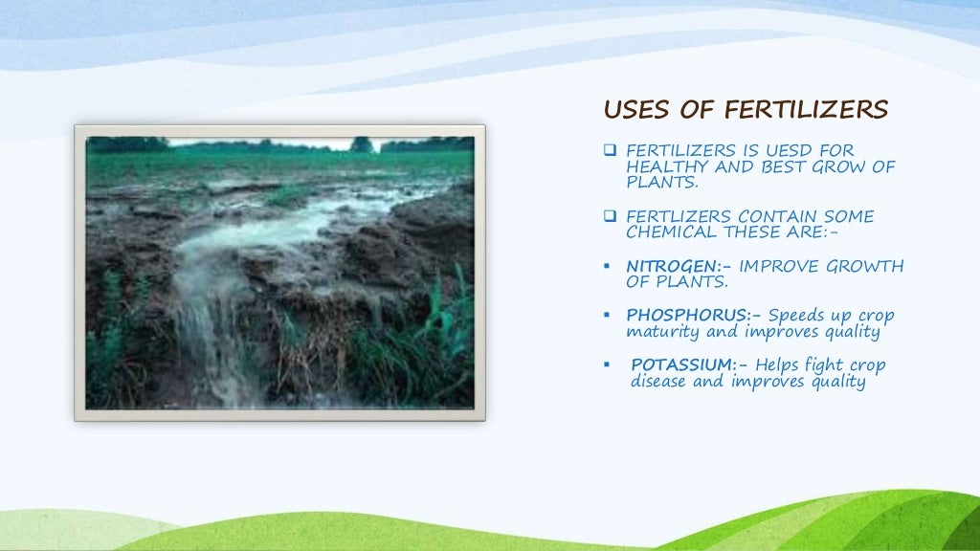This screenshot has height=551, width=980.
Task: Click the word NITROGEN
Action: point(669,266)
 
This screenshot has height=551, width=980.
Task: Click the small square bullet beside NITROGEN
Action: point(609,267)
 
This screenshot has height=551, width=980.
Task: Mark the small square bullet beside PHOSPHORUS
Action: point(609,316)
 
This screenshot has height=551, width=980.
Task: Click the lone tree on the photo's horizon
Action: point(361,144)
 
